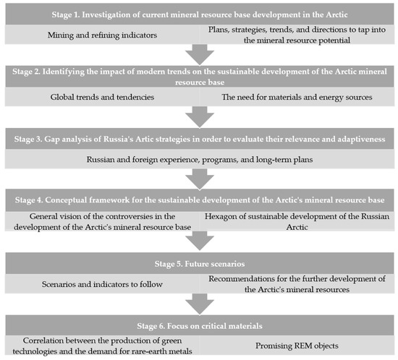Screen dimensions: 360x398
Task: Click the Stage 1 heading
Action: click(x=198, y=13)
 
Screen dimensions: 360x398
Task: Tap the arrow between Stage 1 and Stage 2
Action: click(x=198, y=54)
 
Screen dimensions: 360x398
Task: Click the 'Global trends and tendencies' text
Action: click(x=101, y=95)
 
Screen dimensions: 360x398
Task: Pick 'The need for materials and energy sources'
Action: click(x=297, y=95)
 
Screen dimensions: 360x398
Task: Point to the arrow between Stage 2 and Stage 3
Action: click(x=198, y=115)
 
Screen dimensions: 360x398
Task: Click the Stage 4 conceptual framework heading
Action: click(x=198, y=197)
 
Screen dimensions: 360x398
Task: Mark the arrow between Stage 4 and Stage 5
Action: click(x=198, y=242)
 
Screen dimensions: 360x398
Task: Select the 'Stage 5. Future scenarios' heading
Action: click(x=198, y=263)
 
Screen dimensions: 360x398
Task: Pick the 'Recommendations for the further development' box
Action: click(x=297, y=285)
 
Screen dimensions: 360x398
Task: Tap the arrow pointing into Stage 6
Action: click(x=198, y=305)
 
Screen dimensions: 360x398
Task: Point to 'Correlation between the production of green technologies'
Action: click(x=101, y=347)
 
